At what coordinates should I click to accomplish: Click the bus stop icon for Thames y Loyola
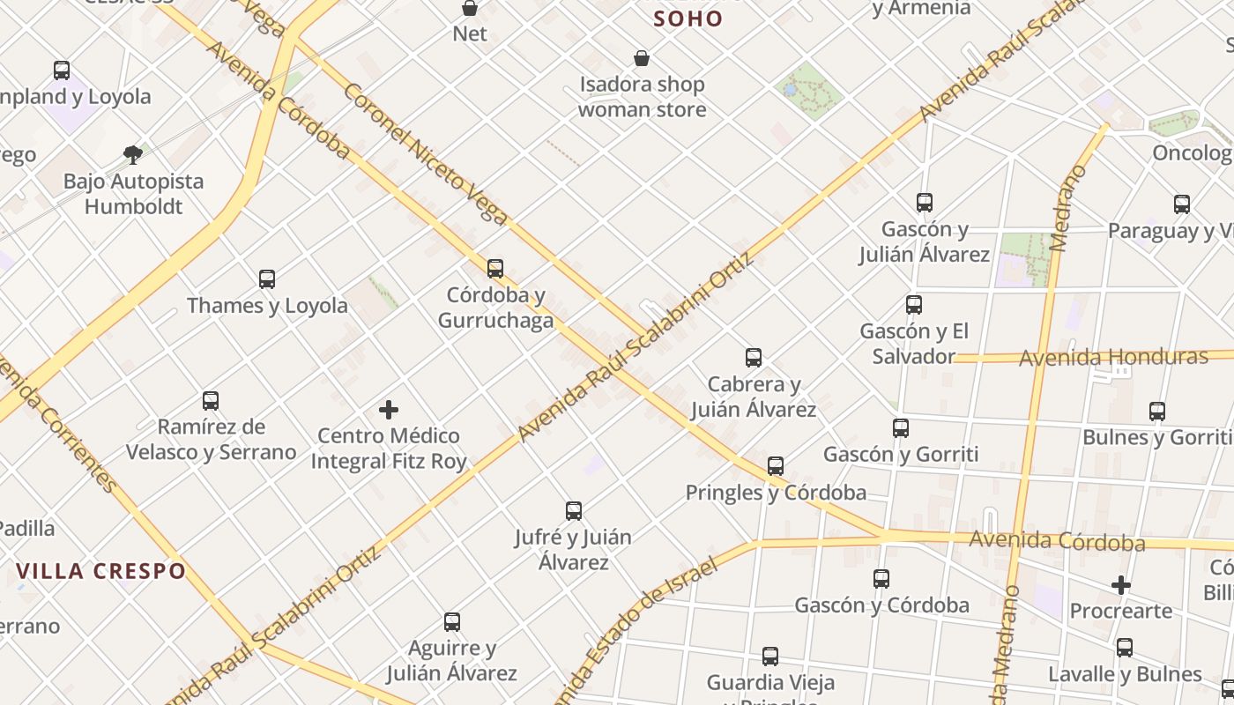(267, 279)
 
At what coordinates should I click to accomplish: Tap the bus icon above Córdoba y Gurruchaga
(495, 268)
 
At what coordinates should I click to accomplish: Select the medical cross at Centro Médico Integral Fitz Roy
(389, 410)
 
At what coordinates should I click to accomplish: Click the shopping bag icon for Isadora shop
(642, 59)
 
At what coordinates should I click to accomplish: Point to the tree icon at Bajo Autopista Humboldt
(133, 155)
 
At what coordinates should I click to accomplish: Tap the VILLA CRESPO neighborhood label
(101, 571)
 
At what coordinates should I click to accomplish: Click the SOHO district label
(688, 19)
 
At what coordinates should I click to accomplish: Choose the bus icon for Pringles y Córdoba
(776, 466)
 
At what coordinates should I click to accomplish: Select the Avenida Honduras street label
(1113, 358)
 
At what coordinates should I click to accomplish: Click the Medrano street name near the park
(1068, 207)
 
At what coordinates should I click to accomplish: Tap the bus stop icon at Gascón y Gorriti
(901, 428)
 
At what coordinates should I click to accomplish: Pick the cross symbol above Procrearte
(1120, 585)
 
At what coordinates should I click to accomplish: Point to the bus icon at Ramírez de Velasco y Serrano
(211, 401)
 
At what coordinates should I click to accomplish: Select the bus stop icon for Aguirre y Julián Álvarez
(452, 622)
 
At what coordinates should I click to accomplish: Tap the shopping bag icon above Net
(470, 9)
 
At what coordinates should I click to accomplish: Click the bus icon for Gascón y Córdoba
(881, 579)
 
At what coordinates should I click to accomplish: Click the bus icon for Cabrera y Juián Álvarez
(754, 358)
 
